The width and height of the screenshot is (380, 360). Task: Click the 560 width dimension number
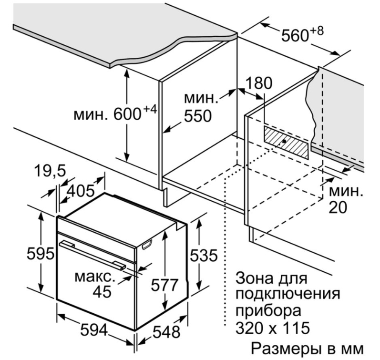point(295,36)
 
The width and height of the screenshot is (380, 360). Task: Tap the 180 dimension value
point(259,83)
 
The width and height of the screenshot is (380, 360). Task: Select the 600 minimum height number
point(127,114)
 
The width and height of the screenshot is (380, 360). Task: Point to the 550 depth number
point(198,116)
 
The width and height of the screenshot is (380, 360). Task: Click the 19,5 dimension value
point(50,170)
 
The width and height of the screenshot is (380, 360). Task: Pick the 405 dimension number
point(81,191)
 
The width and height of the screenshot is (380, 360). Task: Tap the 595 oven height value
point(40,254)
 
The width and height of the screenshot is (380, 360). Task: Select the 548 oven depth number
point(166,332)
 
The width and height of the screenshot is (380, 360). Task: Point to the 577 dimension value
point(164,285)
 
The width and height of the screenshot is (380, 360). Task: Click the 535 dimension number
point(204,255)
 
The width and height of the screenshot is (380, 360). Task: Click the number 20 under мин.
point(338,207)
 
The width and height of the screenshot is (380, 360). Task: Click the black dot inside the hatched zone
point(284,141)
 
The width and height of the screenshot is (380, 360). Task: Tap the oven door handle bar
point(92,255)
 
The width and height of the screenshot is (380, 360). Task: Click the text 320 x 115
point(273,328)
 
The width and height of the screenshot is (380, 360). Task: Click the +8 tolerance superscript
point(317,31)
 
